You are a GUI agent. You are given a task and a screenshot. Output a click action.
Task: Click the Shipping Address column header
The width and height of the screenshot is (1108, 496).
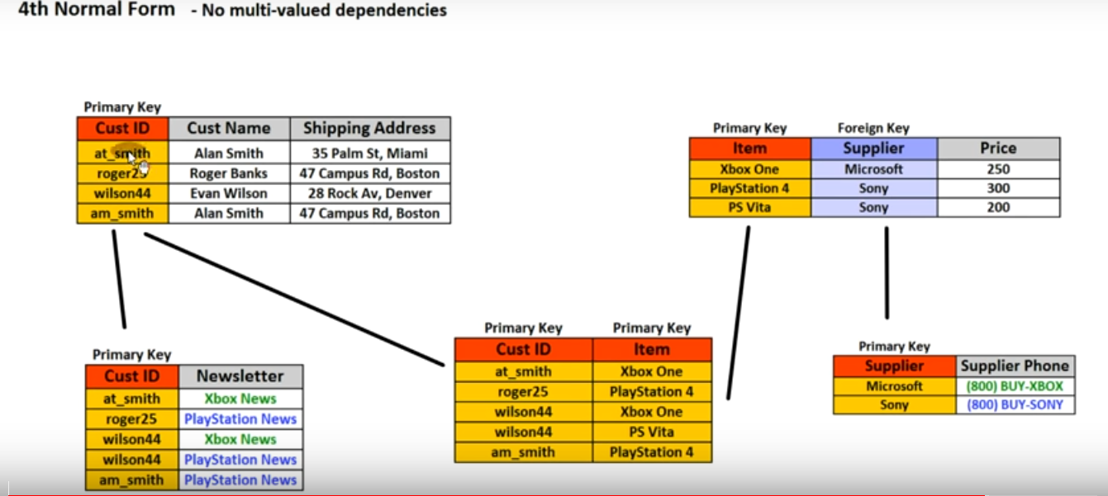click(x=369, y=128)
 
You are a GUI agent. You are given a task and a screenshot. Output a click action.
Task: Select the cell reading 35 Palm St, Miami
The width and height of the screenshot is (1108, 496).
click(x=369, y=153)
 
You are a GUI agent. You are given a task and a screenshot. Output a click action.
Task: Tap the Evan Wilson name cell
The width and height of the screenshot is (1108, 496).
click(x=229, y=193)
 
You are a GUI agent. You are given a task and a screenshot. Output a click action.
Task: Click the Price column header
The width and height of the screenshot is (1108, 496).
click(x=998, y=149)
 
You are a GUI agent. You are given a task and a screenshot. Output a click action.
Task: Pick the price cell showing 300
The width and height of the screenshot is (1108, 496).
click(x=998, y=188)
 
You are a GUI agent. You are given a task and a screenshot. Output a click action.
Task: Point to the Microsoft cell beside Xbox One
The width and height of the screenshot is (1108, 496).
click(x=873, y=169)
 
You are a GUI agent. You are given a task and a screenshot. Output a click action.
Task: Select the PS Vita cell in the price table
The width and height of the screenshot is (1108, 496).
click(x=749, y=207)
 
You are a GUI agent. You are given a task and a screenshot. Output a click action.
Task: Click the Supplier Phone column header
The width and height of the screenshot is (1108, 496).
click(x=1015, y=366)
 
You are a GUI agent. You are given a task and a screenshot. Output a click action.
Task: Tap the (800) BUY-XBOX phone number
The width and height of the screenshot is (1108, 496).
click(x=1015, y=386)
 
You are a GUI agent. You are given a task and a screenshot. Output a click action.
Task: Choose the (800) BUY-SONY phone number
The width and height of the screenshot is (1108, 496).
click(x=1015, y=405)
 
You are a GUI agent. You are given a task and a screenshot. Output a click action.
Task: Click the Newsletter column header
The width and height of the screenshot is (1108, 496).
click(x=240, y=376)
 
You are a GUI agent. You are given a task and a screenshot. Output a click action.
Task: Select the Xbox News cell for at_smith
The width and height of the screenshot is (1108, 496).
click(x=240, y=399)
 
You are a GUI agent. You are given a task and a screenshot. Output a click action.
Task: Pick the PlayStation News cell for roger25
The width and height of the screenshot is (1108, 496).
click(x=240, y=419)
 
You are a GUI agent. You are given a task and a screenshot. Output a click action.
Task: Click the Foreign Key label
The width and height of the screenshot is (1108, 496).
click(x=873, y=128)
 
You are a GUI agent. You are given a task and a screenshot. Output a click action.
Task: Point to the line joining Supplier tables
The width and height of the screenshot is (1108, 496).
click(x=887, y=272)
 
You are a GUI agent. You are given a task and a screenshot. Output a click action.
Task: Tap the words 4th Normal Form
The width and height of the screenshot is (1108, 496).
click(x=97, y=10)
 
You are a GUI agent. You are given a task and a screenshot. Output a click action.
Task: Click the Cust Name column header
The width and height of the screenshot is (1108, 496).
click(x=229, y=128)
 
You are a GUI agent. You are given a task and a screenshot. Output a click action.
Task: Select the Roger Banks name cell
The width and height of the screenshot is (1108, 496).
click(x=229, y=173)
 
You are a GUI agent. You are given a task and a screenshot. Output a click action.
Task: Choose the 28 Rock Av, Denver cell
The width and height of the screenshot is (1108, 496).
click(x=369, y=193)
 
